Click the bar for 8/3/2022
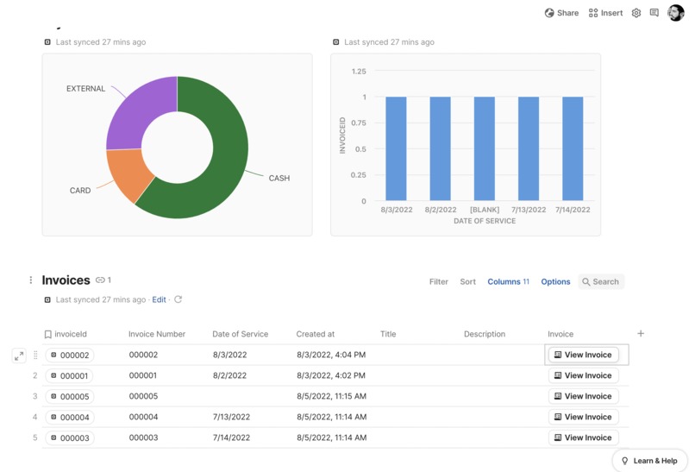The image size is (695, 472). click(396, 148)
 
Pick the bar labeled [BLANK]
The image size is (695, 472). click(484, 148)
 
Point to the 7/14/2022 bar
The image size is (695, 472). click(573, 148)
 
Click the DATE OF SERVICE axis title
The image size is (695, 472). click(484, 221)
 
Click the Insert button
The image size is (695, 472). click(605, 13)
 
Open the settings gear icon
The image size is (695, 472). click(636, 13)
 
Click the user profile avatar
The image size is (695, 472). click(675, 13)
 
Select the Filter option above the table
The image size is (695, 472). click(438, 281)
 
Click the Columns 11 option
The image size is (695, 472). click(508, 281)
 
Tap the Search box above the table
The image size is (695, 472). click(601, 281)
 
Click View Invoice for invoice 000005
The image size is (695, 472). click(584, 396)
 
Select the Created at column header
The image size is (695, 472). click(315, 334)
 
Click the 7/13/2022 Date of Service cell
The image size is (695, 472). click(230, 417)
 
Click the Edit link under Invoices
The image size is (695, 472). click(159, 299)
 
